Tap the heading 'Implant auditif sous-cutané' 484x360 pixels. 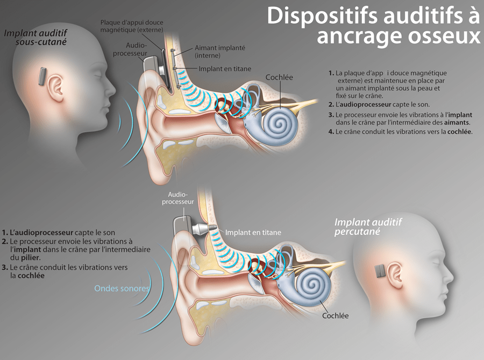(35, 37)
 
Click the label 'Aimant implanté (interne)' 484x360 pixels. (219, 51)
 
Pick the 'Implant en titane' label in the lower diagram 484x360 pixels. (253, 233)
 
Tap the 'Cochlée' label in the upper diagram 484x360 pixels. (279, 77)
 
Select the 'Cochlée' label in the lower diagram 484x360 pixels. (335, 315)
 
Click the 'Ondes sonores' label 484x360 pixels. (122, 289)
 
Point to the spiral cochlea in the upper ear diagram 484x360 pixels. (280, 122)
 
